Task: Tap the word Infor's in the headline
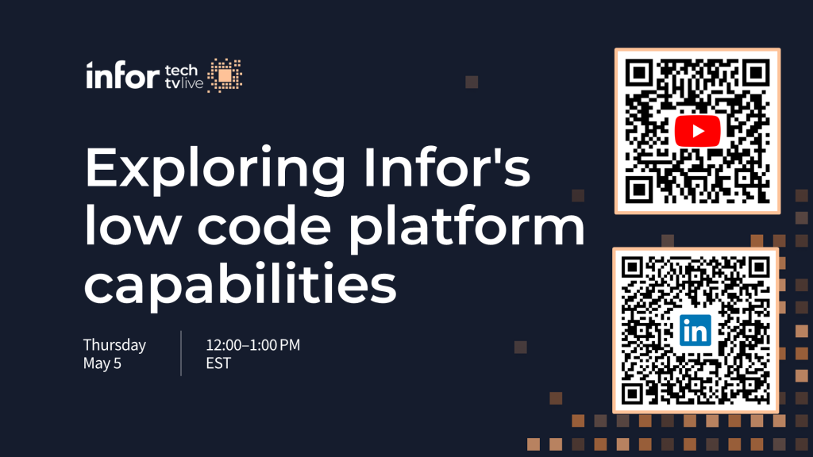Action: (447, 167)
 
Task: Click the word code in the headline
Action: (264, 225)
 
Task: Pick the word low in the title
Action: (133, 225)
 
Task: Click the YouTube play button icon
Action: (697, 131)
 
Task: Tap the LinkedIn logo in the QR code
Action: (695, 330)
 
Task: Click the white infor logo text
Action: (122, 75)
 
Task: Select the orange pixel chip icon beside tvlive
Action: (225, 75)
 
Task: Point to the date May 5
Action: (102, 363)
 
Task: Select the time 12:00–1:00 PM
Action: (253, 345)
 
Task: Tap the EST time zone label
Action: (218, 363)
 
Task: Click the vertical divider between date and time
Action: (181, 353)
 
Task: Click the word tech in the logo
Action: (181, 70)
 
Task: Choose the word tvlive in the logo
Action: (184, 83)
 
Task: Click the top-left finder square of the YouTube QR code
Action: (639, 73)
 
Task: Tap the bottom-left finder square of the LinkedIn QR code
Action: (633, 394)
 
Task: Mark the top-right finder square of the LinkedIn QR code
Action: (758, 268)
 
